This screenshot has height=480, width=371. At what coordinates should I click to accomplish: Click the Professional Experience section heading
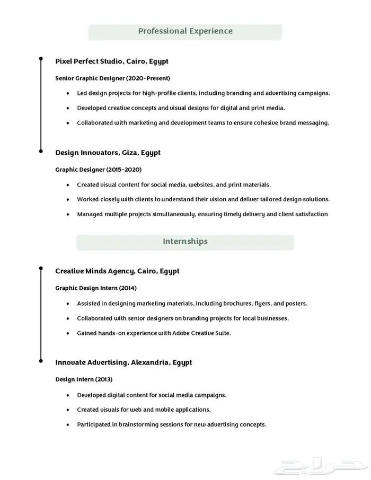pyautogui.click(x=185, y=31)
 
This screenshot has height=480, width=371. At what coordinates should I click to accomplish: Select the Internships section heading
pyautogui.click(x=185, y=242)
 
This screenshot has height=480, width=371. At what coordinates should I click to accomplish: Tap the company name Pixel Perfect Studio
pyautogui.click(x=89, y=61)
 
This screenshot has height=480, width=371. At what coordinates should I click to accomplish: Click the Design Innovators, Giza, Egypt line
pyautogui.click(x=108, y=153)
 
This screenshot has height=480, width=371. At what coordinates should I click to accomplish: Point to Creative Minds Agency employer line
pyautogui.click(x=117, y=271)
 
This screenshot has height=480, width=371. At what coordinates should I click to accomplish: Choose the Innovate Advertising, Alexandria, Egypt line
pyautogui.click(x=123, y=362)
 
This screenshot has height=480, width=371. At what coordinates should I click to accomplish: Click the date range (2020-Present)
pyautogui.click(x=148, y=78)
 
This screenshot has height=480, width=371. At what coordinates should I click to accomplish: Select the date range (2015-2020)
pyautogui.click(x=124, y=170)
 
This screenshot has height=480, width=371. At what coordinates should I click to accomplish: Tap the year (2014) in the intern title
pyautogui.click(x=128, y=288)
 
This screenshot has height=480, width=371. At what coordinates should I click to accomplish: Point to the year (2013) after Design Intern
pyautogui.click(x=104, y=379)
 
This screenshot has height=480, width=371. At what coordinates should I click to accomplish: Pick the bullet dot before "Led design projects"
pyautogui.click(x=68, y=93)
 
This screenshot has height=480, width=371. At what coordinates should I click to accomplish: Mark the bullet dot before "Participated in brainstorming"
pyautogui.click(x=68, y=425)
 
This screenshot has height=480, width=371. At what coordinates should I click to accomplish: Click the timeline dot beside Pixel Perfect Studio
pyautogui.click(x=41, y=60)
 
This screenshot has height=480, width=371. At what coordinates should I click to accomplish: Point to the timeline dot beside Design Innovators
pyautogui.click(x=41, y=151)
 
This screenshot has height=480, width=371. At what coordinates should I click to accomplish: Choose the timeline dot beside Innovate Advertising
pyautogui.click(x=41, y=361)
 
